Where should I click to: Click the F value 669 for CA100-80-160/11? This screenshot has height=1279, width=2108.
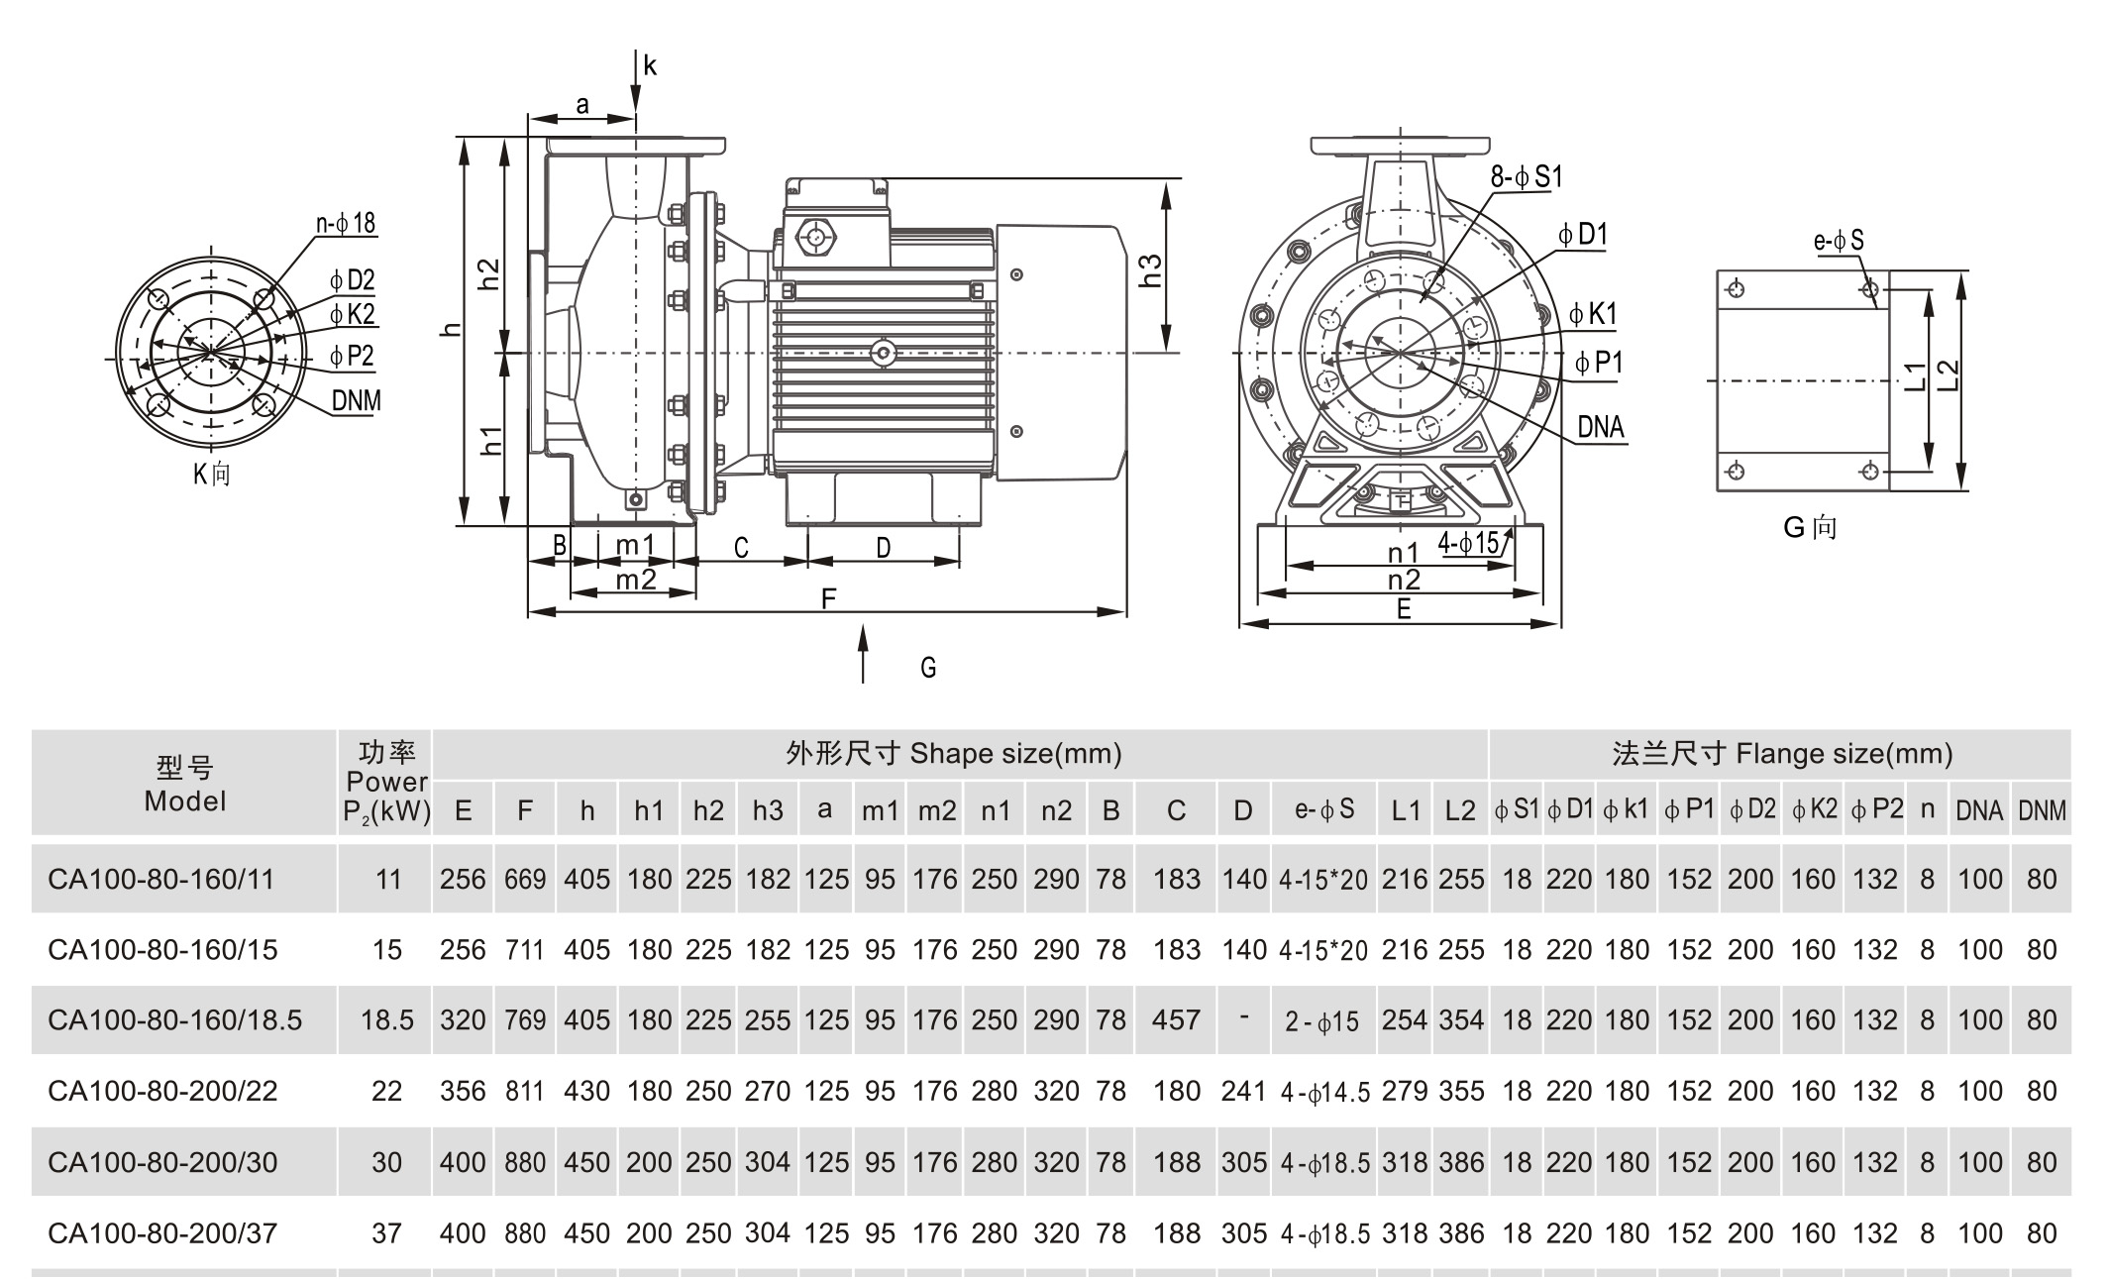525,879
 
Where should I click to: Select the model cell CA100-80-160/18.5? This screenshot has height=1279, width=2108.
174,1020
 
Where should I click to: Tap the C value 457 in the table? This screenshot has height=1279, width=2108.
1176,1020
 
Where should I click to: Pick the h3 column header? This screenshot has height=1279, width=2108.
768,810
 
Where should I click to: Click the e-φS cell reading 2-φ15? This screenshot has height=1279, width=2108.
1322,1021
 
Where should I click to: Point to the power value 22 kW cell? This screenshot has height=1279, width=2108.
386,1092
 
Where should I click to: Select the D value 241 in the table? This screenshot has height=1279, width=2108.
1243,1092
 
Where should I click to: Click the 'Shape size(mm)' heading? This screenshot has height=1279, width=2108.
1015,754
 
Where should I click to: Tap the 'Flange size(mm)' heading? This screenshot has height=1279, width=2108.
1844,754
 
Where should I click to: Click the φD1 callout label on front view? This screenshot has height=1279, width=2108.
1582,235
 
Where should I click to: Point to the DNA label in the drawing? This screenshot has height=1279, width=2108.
1601,427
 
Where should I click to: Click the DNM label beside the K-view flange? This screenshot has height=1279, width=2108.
356,401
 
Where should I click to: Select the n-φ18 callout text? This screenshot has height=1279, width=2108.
346,223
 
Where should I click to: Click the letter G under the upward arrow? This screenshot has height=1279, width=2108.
928,668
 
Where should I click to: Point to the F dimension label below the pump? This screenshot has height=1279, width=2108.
829,598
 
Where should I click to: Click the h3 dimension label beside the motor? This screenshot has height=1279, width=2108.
1150,270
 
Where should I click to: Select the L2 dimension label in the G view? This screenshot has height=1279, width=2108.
1948,375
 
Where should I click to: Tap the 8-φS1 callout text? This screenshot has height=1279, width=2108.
1526,176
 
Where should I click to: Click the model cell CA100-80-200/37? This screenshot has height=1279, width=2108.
162,1233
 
